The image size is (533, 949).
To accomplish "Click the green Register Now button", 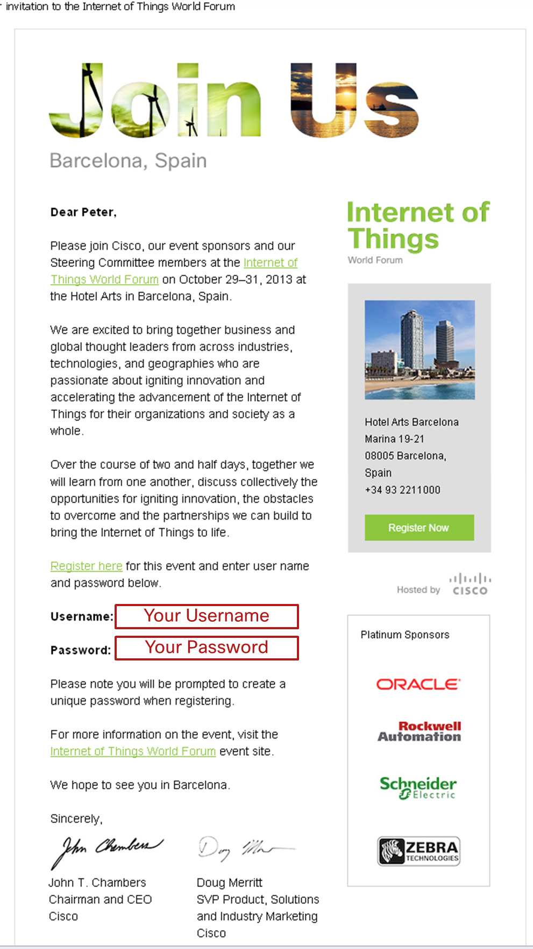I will click(419, 528).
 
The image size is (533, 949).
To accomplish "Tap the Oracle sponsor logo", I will click(418, 684).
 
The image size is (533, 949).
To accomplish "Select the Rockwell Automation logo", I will click(419, 732).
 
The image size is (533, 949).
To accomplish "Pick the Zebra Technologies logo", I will click(418, 851).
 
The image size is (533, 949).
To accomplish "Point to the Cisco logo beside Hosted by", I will click(471, 585).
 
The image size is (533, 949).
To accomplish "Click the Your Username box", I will click(207, 616).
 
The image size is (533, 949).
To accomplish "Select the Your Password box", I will click(207, 648).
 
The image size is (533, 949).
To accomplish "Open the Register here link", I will click(86, 566).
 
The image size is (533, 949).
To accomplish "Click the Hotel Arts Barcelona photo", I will click(420, 350).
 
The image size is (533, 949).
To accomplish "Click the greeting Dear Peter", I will click(83, 212).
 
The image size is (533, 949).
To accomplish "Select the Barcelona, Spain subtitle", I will click(128, 160).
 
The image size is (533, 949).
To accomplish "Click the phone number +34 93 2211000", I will click(402, 490).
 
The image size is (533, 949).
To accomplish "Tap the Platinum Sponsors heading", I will click(404, 635).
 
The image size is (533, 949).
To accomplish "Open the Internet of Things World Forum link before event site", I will click(133, 751).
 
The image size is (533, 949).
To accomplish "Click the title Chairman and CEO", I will click(100, 899).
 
